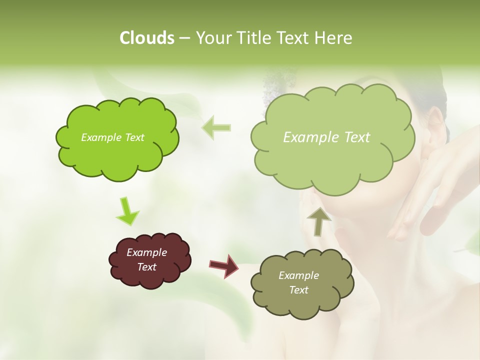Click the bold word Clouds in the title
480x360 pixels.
(146, 37)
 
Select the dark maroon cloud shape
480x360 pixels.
(149, 260)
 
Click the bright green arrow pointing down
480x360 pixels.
(127, 211)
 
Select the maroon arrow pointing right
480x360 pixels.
(224, 265)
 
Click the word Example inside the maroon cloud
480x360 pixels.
(146, 252)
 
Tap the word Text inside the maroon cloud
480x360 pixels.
(147, 267)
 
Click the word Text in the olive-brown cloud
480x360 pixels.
(298, 290)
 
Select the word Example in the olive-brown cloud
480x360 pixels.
(298, 275)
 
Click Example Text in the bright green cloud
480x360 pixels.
(112, 137)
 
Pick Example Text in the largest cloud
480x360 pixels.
(326, 137)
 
